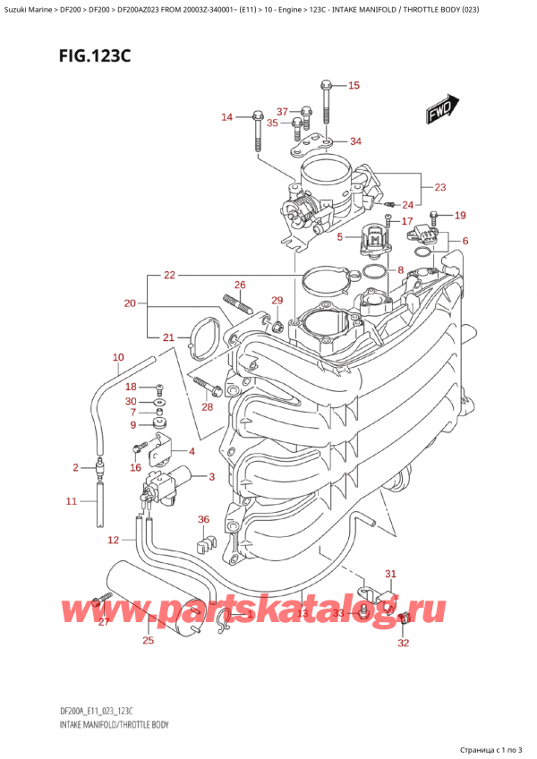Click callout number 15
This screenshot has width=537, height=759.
click(x=353, y=86)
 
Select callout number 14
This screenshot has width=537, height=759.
click(x=226, y=117)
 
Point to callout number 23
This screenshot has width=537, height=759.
click(x=439, y=187)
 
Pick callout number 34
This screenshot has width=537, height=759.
click(x=355, y=141)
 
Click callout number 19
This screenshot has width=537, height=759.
click(x=460, y=215)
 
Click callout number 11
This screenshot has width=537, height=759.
click(x=72, y=501)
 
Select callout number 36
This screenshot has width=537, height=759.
click(x=203, y=518)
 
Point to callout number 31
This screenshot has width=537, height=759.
click(x=389, y=574)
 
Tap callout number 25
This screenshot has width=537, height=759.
click(x=148, y=639)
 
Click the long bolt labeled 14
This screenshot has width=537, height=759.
click(x=258, y=132)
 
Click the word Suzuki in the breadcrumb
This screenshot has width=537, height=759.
click(x=21, y=9)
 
